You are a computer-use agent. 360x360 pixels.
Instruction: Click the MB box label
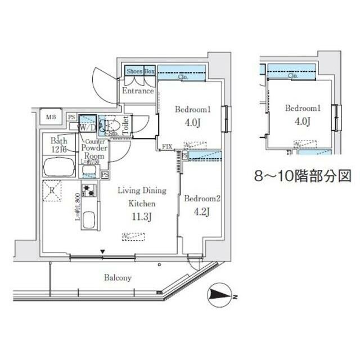tap(51, 117)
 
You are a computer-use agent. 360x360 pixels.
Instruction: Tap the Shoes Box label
tap(140, 71)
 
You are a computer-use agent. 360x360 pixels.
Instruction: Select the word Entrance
tap(138, 91)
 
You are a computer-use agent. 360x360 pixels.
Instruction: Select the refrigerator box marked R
tap(52, 190)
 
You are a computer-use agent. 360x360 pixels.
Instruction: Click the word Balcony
tap(118, 278)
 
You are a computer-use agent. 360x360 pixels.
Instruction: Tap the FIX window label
tap(166, 147)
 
